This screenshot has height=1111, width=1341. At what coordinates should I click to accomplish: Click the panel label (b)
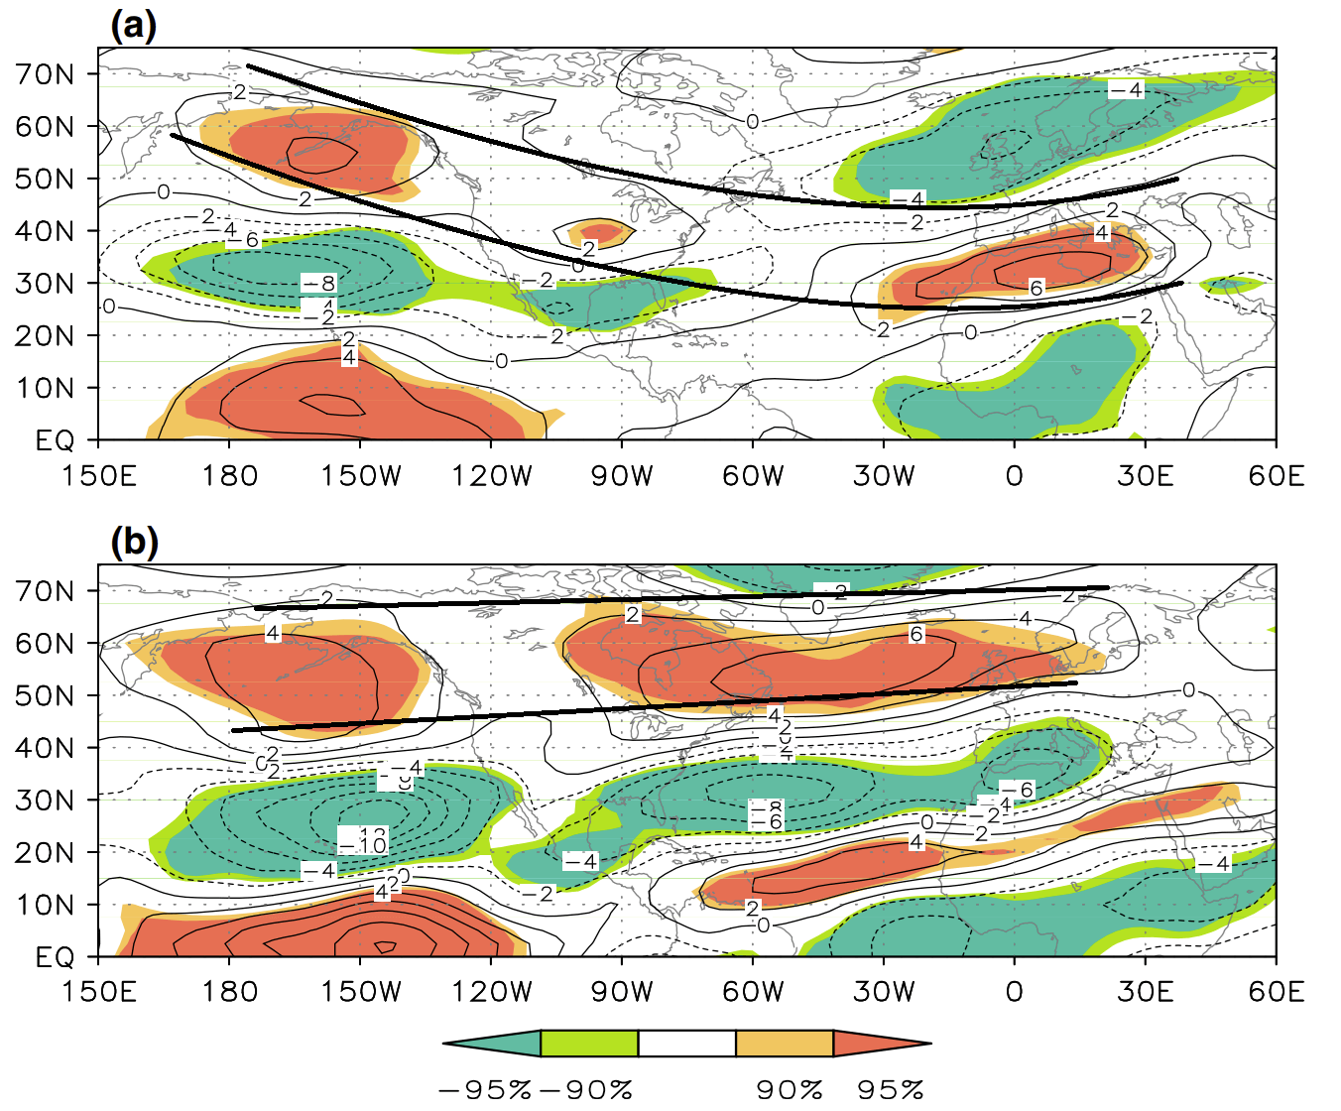pyautogui.click(x=134, y=543)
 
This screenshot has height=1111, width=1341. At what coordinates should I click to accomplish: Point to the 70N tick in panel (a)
pyautogui.click(x=46, y=74)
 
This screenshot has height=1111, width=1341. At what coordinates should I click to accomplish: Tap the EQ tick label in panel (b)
pyautogui.click(x=56, y=957)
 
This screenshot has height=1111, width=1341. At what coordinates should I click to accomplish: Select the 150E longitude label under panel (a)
pyautogui.click(x=98, y=476)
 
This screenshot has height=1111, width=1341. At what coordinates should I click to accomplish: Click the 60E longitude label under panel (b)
pyautogui.click(x=1276, y=992)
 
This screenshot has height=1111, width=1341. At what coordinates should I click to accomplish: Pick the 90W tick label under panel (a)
pyautogui.click(x=622, y=476)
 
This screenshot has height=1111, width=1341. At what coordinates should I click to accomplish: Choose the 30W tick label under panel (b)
pyautogui.click(x=884, y=992)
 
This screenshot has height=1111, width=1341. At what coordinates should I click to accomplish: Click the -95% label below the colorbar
pyautogui.click(x=485, y=1089)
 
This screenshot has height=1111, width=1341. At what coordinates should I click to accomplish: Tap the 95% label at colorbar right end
pyautogui.click(x=891, y=1089)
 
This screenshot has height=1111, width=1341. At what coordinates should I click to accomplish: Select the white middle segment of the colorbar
pyautogui.click(x=686, y=1044)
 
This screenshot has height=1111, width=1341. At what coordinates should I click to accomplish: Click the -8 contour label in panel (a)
pyautogui.click(x=319, y=284)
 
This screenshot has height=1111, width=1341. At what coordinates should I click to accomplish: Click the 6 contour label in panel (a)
pyautogui.click(x=1036, y=288)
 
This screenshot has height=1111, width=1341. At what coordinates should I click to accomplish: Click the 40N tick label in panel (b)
pyautogui.click(x=46, y=748)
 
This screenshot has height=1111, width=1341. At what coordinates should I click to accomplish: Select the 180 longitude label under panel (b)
pyautogui.click(x=230, y=992)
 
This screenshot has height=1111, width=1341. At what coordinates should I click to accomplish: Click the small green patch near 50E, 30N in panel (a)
pyautogui.click(x=1230, y=286)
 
